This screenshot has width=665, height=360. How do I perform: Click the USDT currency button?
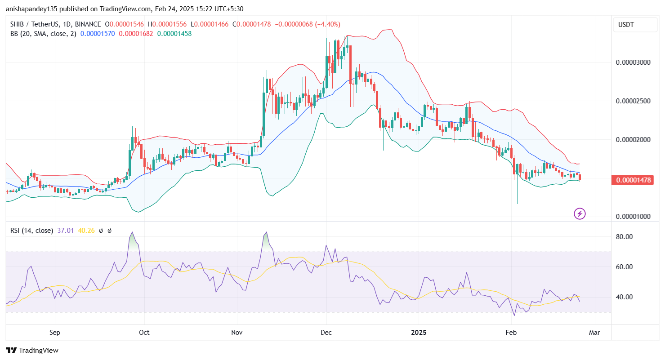tap(635, 24)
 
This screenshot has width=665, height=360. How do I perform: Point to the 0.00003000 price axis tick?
tap(633, 62)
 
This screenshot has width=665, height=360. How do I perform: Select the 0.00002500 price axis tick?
tap(633, 101)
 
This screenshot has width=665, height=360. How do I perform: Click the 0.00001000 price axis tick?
tap(633, 216)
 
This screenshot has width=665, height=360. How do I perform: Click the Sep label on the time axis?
tap(55, 333)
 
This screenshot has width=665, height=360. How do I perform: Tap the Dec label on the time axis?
tap(326, 333)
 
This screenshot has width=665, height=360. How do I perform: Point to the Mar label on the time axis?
tap(595, 333)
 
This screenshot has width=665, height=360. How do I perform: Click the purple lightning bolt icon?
tap(580, 214)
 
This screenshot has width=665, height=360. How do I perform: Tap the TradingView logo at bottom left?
tap(32, 350)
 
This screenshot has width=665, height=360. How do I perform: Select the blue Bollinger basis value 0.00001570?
tap(98, 33)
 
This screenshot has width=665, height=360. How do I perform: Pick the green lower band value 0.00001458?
tap(174, 33)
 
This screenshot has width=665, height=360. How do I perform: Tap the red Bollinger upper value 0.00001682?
tap(136, 33)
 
